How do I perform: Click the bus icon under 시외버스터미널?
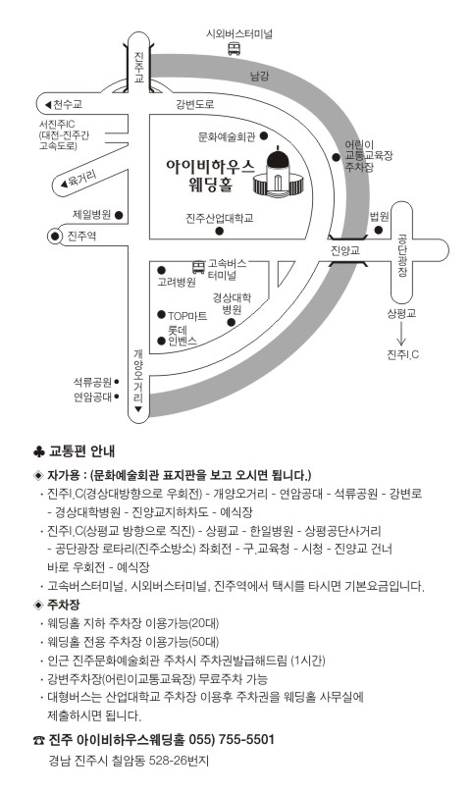[x=234, y=49]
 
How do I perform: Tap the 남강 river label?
[x=259, y=76]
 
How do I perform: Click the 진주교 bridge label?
[x=138, y=67]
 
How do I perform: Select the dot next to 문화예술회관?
[x=264, y=135]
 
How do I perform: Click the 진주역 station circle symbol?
[x=55, y=236]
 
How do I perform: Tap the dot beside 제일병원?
[x=119, y=215]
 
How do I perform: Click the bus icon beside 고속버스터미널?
[x=198, y=267]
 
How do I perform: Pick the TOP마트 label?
[x=187, y=316]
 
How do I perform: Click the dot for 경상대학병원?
[x=231, y=322]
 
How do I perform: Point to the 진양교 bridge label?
[x=344, y=250]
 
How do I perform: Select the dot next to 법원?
[x=379, y=231]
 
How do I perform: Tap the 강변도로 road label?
[x=195, y=104]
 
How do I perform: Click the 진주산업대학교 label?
[x=219, y=218]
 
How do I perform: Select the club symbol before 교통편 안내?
[x=39, y=450]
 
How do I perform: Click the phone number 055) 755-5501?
[x=232, y=739]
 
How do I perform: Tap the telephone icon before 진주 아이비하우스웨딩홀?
[x=39, y=740]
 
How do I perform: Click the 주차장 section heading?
[x=64, y=605]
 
